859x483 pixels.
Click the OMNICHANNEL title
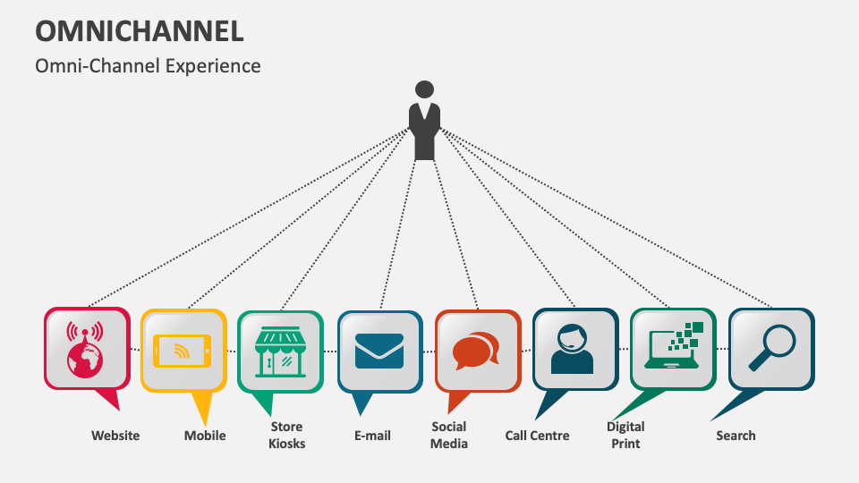coord(140,30)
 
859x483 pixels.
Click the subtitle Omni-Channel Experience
coord(149,66)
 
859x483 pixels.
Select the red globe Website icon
coord(86,349)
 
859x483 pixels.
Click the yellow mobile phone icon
coord(183,350)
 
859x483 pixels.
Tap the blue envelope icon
coord(379,351)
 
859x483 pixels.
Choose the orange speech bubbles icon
coord(476,351)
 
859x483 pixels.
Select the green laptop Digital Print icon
coord(672,348)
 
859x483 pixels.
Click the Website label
coord(115,436)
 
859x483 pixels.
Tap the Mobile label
coord(205,436)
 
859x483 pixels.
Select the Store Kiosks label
coord(286,435)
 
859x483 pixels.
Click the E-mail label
coord(372,436)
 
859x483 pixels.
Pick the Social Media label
coord(449,435)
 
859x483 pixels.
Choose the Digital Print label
coord(625,435)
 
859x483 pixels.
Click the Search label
coord(736,436)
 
